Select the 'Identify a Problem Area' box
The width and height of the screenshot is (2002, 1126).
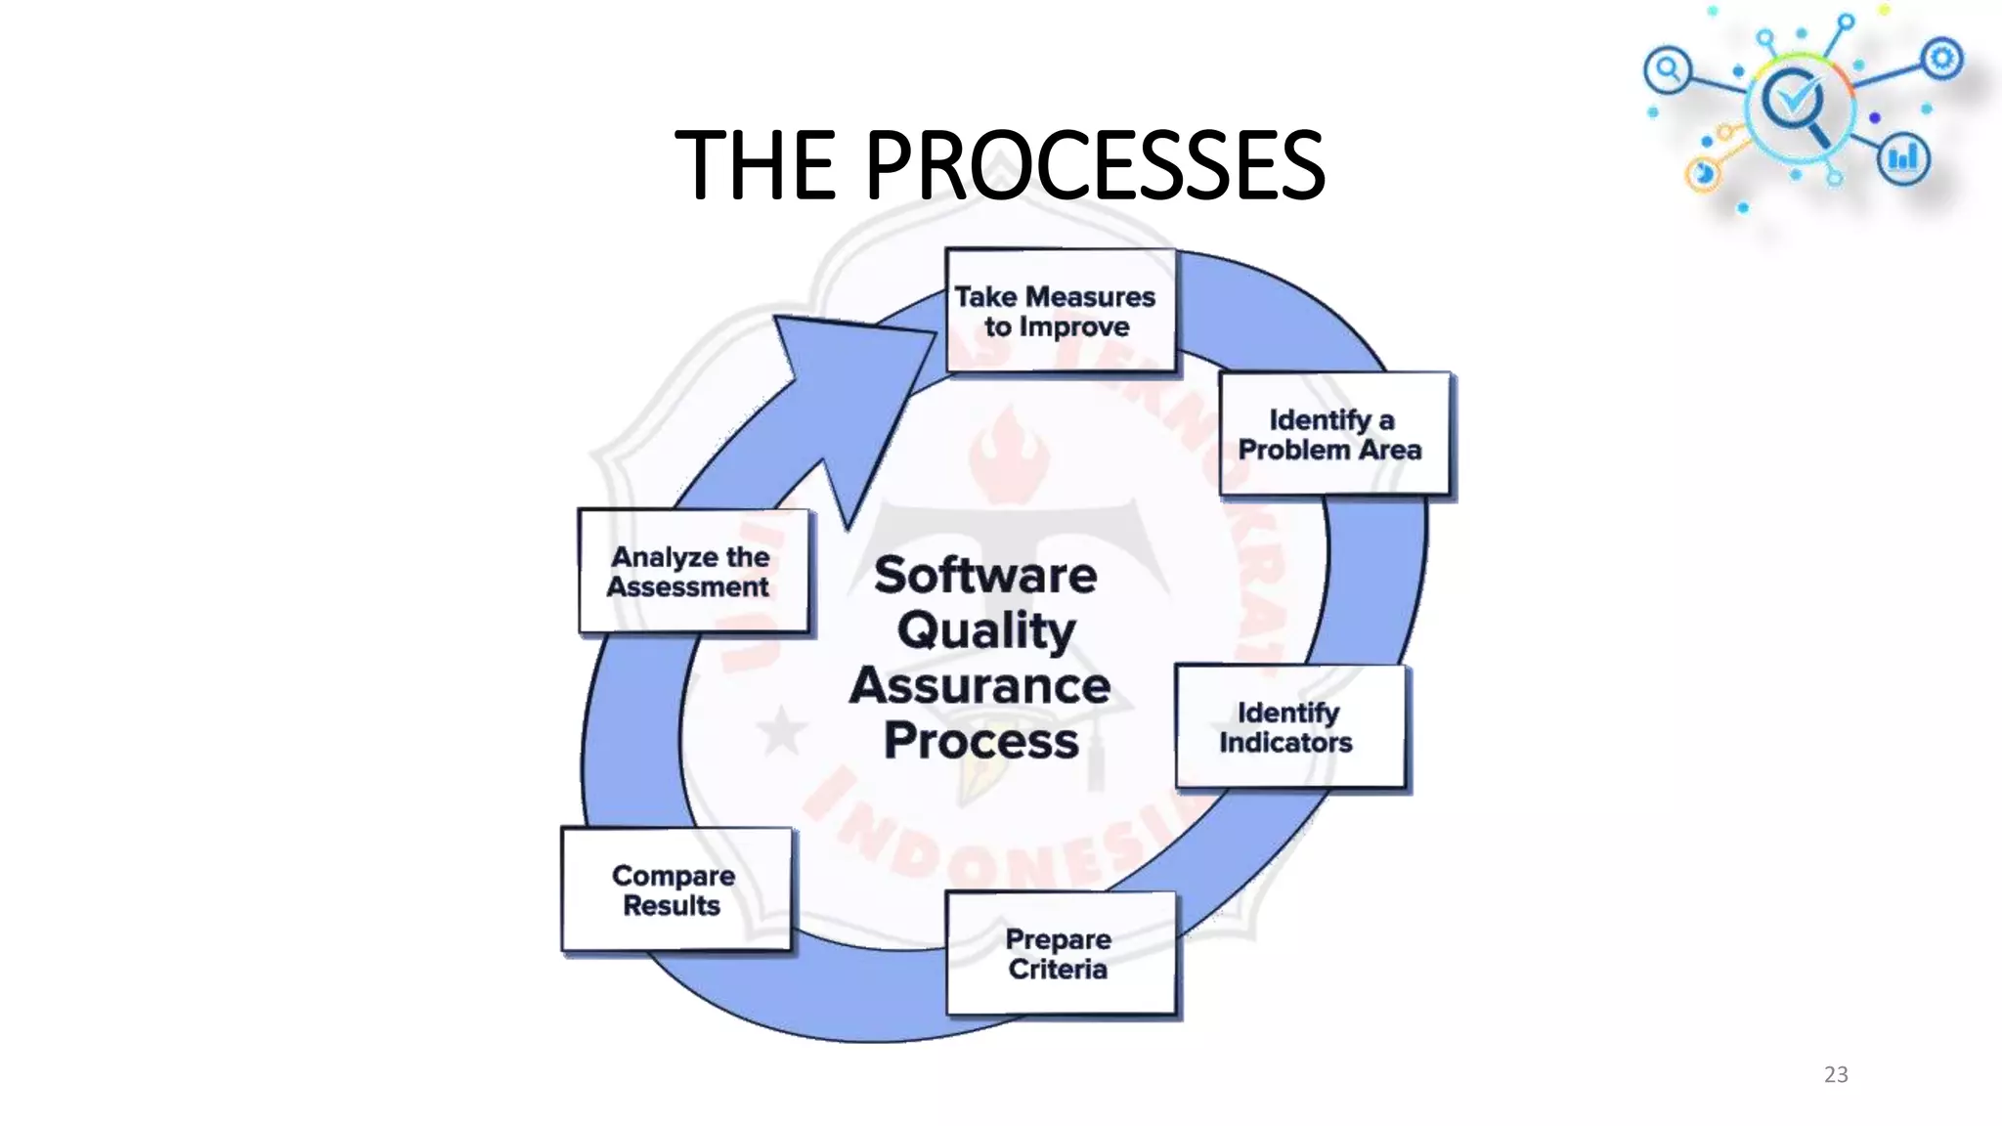1334,434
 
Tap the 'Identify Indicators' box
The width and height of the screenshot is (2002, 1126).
1289,727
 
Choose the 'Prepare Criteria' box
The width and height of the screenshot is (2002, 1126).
1061,953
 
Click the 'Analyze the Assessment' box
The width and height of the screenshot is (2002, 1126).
693,572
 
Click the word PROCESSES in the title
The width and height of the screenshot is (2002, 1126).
1095,166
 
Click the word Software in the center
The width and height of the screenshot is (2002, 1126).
985,575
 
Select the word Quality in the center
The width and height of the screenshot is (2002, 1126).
986,630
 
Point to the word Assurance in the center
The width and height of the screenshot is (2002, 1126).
980,685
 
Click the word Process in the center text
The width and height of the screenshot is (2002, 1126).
981,741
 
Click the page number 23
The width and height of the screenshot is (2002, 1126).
1836,1074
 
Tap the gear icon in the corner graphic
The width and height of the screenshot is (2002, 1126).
1941,59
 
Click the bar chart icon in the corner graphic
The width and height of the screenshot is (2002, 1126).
1902,158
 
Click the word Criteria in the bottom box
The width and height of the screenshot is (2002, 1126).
1058,970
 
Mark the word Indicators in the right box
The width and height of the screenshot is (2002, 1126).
1285,743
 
